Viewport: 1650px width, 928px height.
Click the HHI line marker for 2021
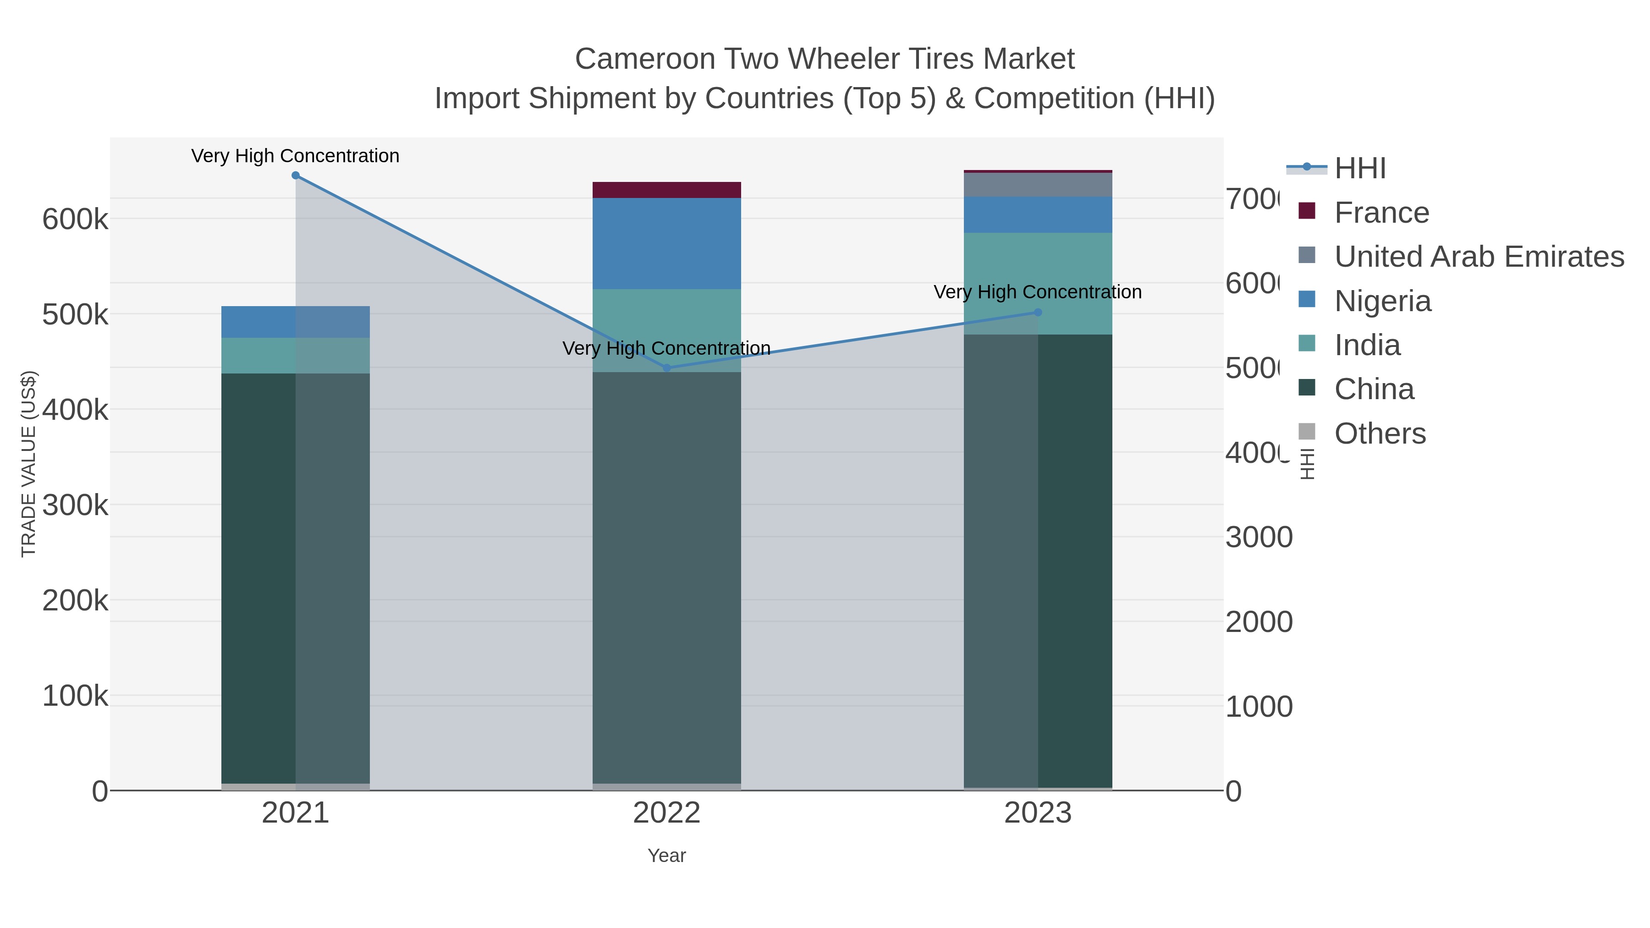(x=295, y=176)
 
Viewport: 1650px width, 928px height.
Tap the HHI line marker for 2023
(x=1038, y=313)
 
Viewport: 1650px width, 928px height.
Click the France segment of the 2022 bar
(x=667, y=190)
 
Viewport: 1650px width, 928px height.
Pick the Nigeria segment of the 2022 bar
(x=667, y=243)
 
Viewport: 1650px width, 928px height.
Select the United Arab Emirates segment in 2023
(x=1038, y=184)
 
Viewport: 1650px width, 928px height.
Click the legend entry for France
(x=1381, y=213)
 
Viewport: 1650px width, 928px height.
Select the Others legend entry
(x=1380, y=434)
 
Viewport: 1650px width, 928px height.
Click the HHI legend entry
(x=1360, y=169)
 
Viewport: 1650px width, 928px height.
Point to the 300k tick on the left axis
(x=75, y=505)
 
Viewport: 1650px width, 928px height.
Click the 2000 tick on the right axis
(x=1259, y=622)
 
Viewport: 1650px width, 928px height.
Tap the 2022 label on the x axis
(x=667, y=813)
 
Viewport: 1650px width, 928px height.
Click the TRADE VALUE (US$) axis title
(x=29, y=464)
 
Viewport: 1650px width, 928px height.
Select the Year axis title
(x=667, y=856)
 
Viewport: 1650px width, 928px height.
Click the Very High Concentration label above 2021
(x=295, y=156)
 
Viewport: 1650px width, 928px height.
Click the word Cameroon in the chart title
(x=644, y=59)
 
